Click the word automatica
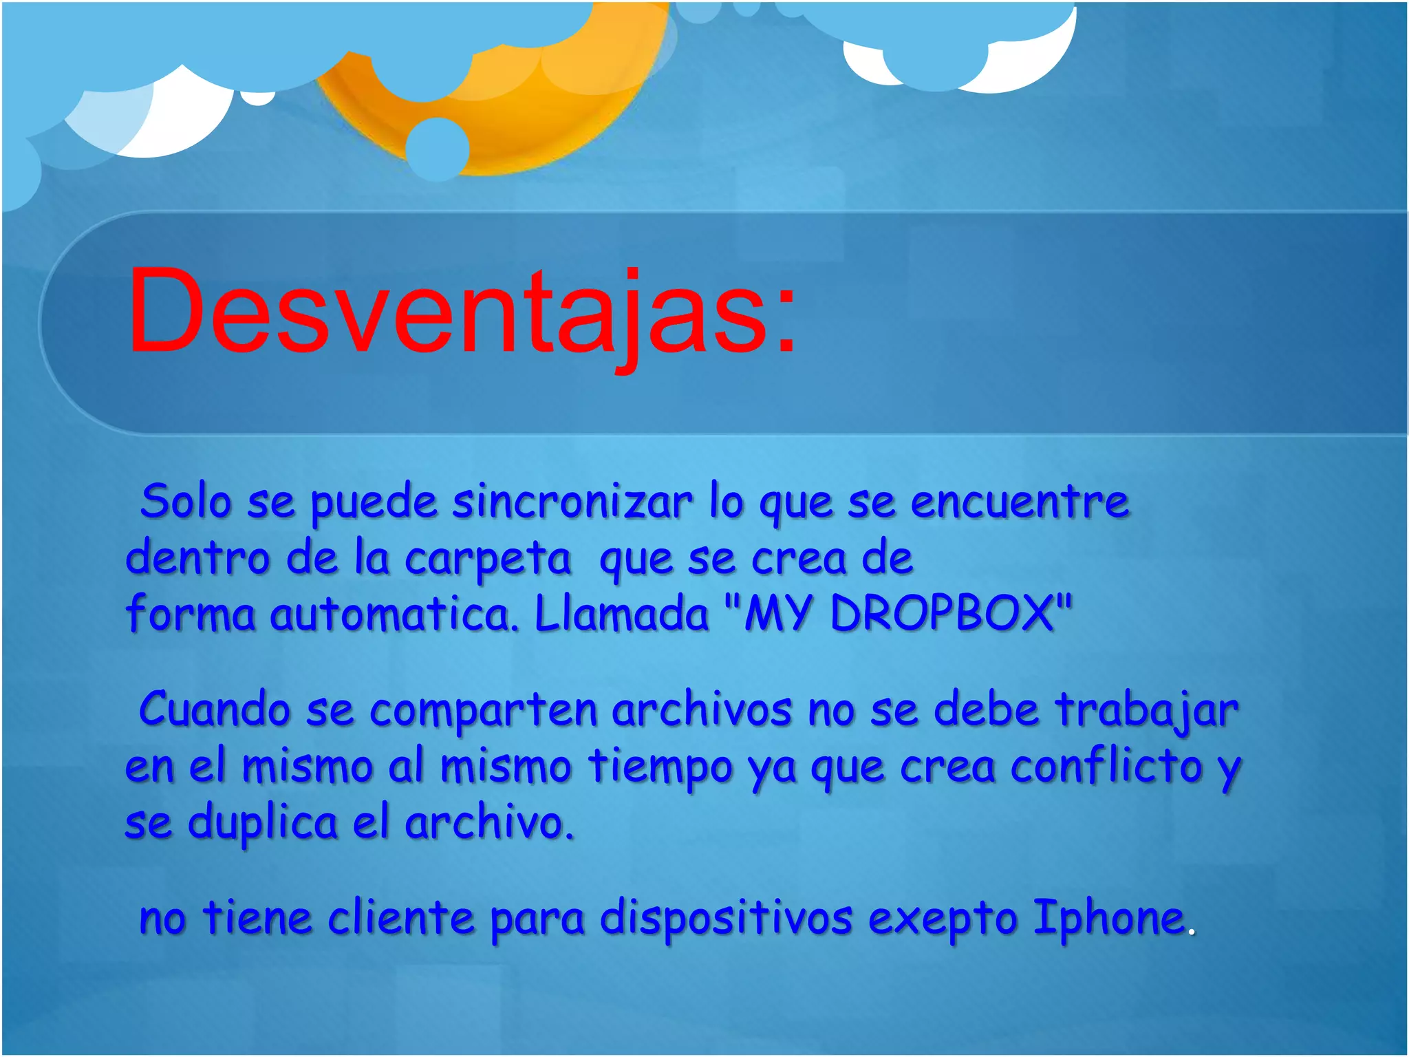tap(392, 614)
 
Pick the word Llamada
tap(622, 612)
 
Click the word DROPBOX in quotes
tap(943, 612)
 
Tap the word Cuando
tap(215, 709)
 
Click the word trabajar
tap(1147, 710)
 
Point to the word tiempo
tap(660, 767)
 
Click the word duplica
tap(263, 823)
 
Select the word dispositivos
tap(727, 918)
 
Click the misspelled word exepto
tap(943, 919)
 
